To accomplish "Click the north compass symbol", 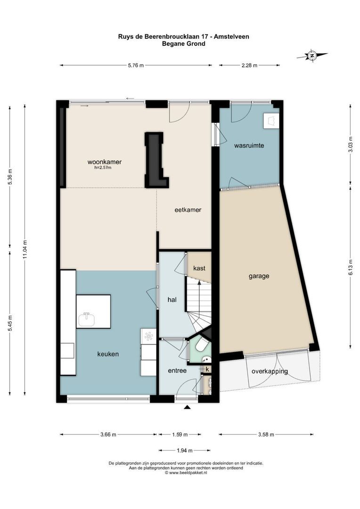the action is click(312, 56).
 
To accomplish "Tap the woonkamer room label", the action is click(105, 162).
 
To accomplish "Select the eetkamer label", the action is click(188, 210).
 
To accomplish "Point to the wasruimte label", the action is click(249, 146).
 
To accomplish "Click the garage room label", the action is click(259, 276).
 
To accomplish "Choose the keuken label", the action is click(108, 354).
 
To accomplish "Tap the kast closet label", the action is click(199, 268).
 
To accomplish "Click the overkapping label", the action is click(270, 371).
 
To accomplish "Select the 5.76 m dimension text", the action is click(136, 65).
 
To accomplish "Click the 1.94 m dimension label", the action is click(185, 450).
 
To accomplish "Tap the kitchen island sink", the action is click(86, 320).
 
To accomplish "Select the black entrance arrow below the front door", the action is click(187, 407).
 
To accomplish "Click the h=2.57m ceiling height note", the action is click(103, 168).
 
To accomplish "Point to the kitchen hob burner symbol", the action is click(149, 337).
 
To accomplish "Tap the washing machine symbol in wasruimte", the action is click(271, 121).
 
